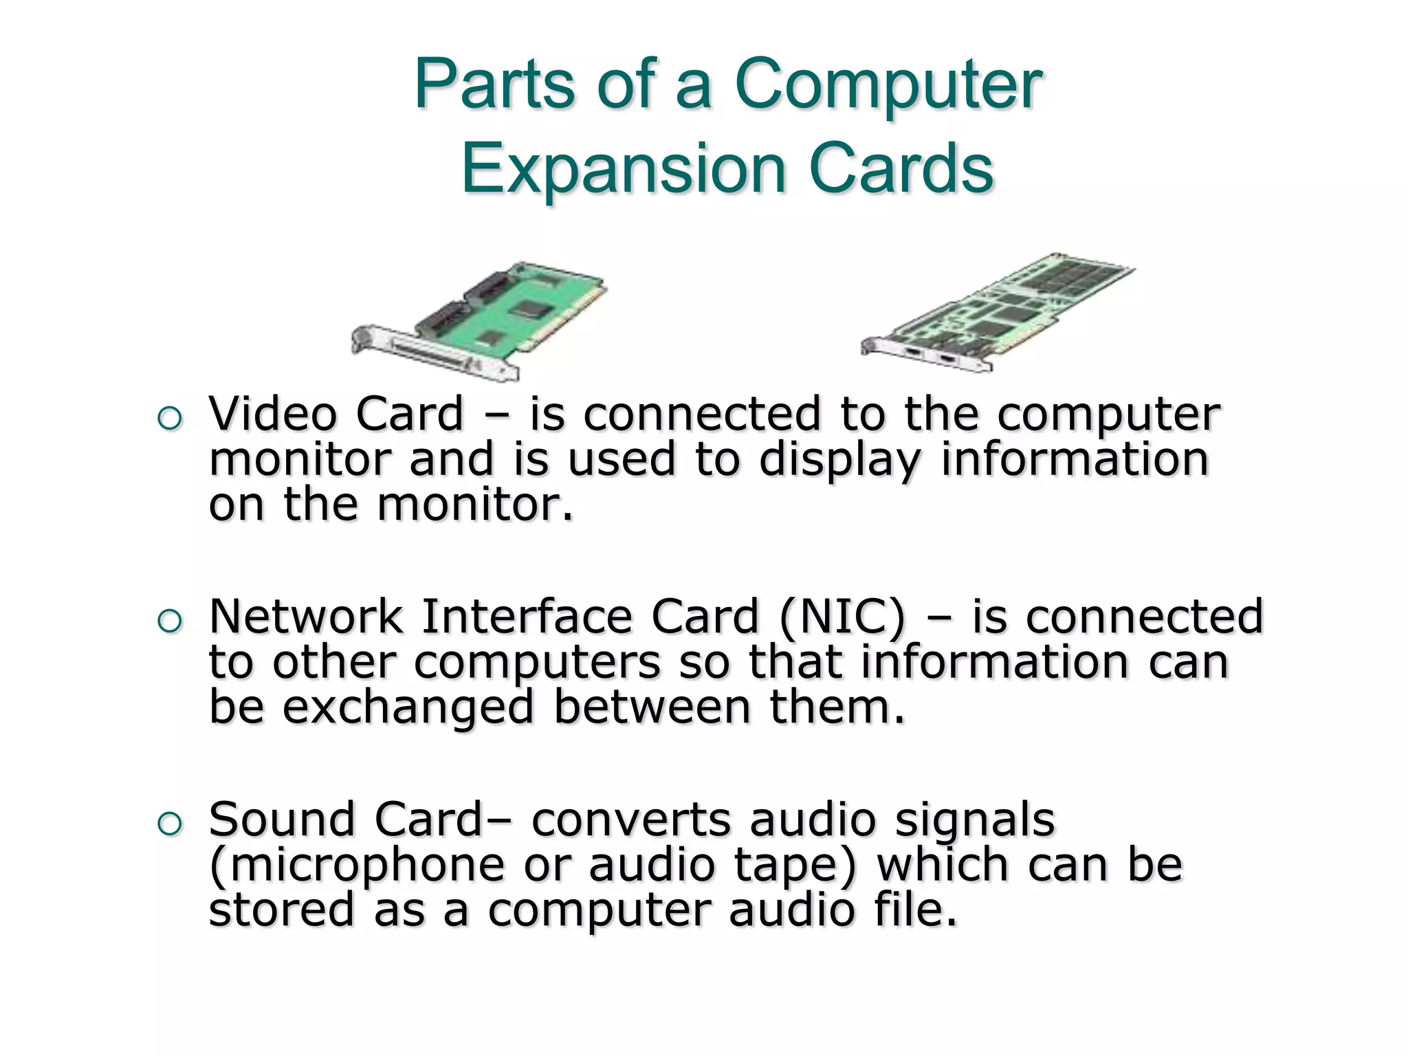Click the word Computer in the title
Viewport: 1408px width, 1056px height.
pos(888,85)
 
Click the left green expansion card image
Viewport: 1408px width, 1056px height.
pos(481,320)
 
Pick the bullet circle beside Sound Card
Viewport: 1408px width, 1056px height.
pos(170,823)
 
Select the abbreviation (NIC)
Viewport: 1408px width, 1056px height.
pos(842,617)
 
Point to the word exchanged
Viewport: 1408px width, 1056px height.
pos(408,708)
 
